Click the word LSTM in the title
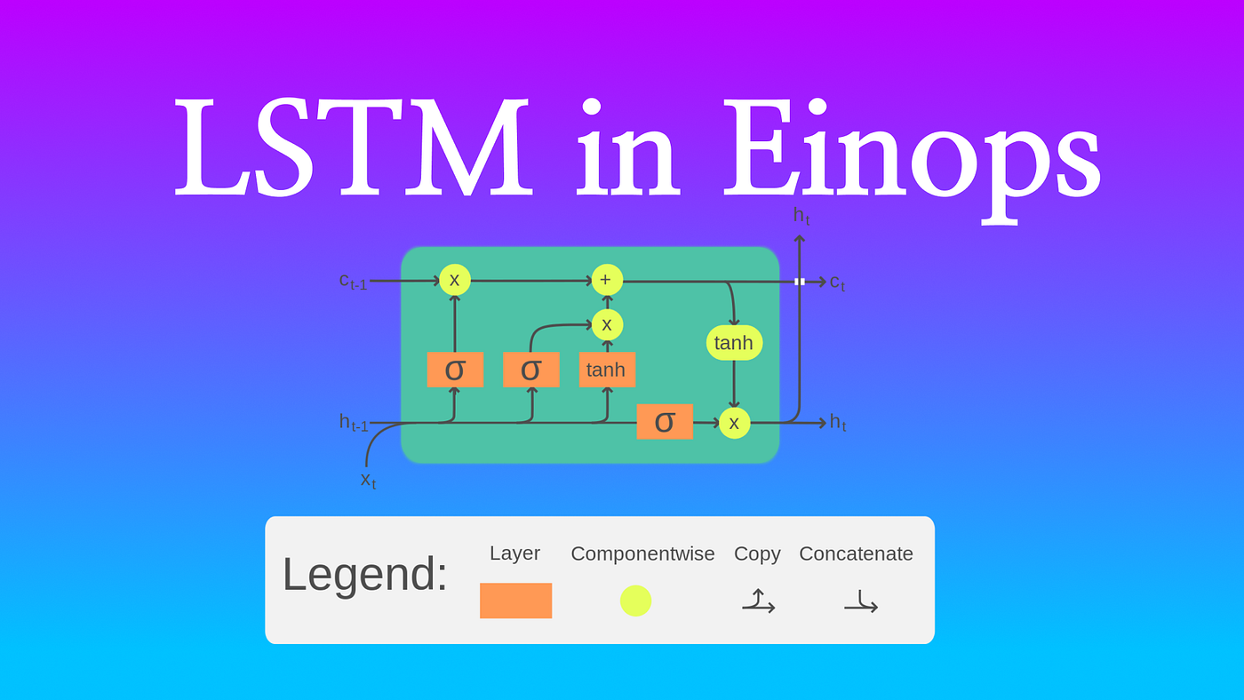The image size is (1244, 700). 354,149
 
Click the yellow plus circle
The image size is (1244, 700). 607,280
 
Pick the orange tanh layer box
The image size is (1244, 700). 607,370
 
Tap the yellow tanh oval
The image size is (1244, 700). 734,343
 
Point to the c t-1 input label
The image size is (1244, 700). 353,281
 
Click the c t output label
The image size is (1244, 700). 837,282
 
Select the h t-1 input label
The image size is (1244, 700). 353,423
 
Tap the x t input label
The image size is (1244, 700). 368,480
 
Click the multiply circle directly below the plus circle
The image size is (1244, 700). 607,324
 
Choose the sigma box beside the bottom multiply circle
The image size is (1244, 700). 665,422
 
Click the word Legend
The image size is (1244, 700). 365,574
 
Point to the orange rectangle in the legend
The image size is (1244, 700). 515,601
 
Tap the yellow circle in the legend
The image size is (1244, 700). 635,601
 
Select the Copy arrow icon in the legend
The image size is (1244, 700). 758,601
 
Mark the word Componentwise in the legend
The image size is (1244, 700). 642,554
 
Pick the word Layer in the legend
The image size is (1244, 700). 514,553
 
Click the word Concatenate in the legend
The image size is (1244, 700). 856,554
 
